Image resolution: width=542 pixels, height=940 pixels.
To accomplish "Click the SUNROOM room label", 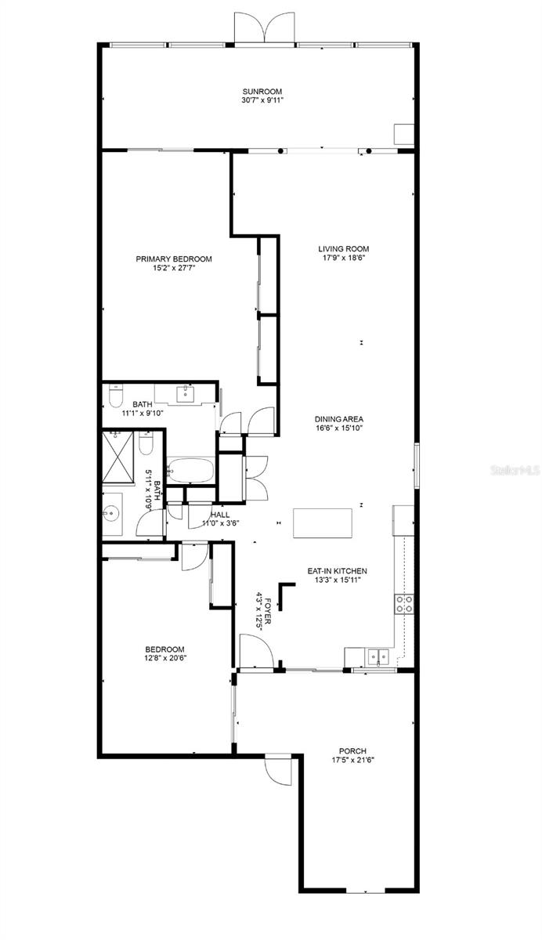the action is [x=262, y=91].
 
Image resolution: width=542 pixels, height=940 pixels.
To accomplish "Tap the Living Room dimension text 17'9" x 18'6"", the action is [x=344, y=258].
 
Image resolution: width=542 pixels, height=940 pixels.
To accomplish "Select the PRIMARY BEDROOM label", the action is [x=174, y=259].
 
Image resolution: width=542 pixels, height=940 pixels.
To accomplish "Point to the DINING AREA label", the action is [x=339, y=419].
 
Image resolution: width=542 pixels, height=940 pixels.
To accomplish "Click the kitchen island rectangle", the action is [x=323, y=523].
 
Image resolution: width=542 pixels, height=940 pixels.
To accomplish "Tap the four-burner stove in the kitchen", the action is [x=404, y=604].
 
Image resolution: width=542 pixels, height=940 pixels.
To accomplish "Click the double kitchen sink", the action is [x=379, y=656].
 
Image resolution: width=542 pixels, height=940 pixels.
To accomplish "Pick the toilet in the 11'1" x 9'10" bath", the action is [x=115, y=396].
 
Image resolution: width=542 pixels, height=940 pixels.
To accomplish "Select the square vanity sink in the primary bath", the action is [x=184, y=393].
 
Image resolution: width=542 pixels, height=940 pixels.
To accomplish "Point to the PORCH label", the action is [x=352, y=750].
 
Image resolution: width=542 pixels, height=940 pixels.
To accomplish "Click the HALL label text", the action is [x=220, y=515].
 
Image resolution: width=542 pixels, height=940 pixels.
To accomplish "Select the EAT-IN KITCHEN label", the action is [x=338, y=571].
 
